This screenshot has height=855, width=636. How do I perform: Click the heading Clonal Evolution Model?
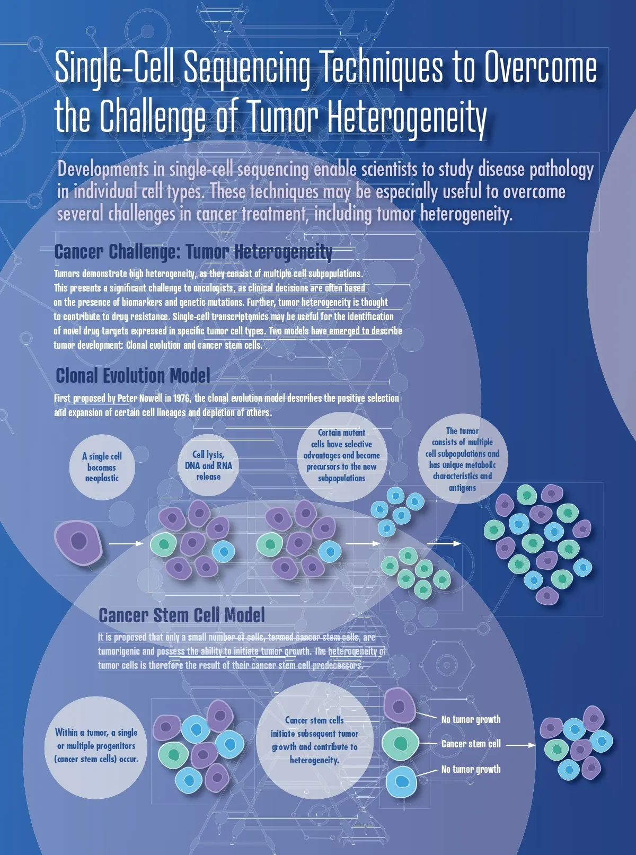coord(133,375)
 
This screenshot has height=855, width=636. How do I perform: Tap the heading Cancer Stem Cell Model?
coord(182,615)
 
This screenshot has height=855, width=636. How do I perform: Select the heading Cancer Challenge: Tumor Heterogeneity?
coord(193,252)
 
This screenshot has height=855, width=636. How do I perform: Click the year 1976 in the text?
coord(182,398)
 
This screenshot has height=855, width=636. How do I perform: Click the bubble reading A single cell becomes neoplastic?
coord(102,467)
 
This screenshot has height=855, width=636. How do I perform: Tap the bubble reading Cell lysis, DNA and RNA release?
coord(208,465)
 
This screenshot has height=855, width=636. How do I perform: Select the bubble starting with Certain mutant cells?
coord(341,456)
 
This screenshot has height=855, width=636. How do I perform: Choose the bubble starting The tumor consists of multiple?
coord(463,459)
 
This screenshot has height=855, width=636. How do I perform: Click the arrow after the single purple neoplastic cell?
coord(126,543)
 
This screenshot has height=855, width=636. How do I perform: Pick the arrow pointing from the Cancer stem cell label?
coord(520,745)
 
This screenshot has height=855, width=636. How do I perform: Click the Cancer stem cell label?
coord(471,744)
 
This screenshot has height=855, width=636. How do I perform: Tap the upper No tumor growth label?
coord(471,719)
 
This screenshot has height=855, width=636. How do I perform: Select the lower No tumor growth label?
coord(471,769)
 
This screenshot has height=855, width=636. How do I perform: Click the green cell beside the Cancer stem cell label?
coord(401,743)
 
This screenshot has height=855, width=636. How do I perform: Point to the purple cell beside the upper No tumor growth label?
coord(400,706)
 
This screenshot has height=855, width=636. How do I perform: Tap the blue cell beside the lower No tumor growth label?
coord(402,781)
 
